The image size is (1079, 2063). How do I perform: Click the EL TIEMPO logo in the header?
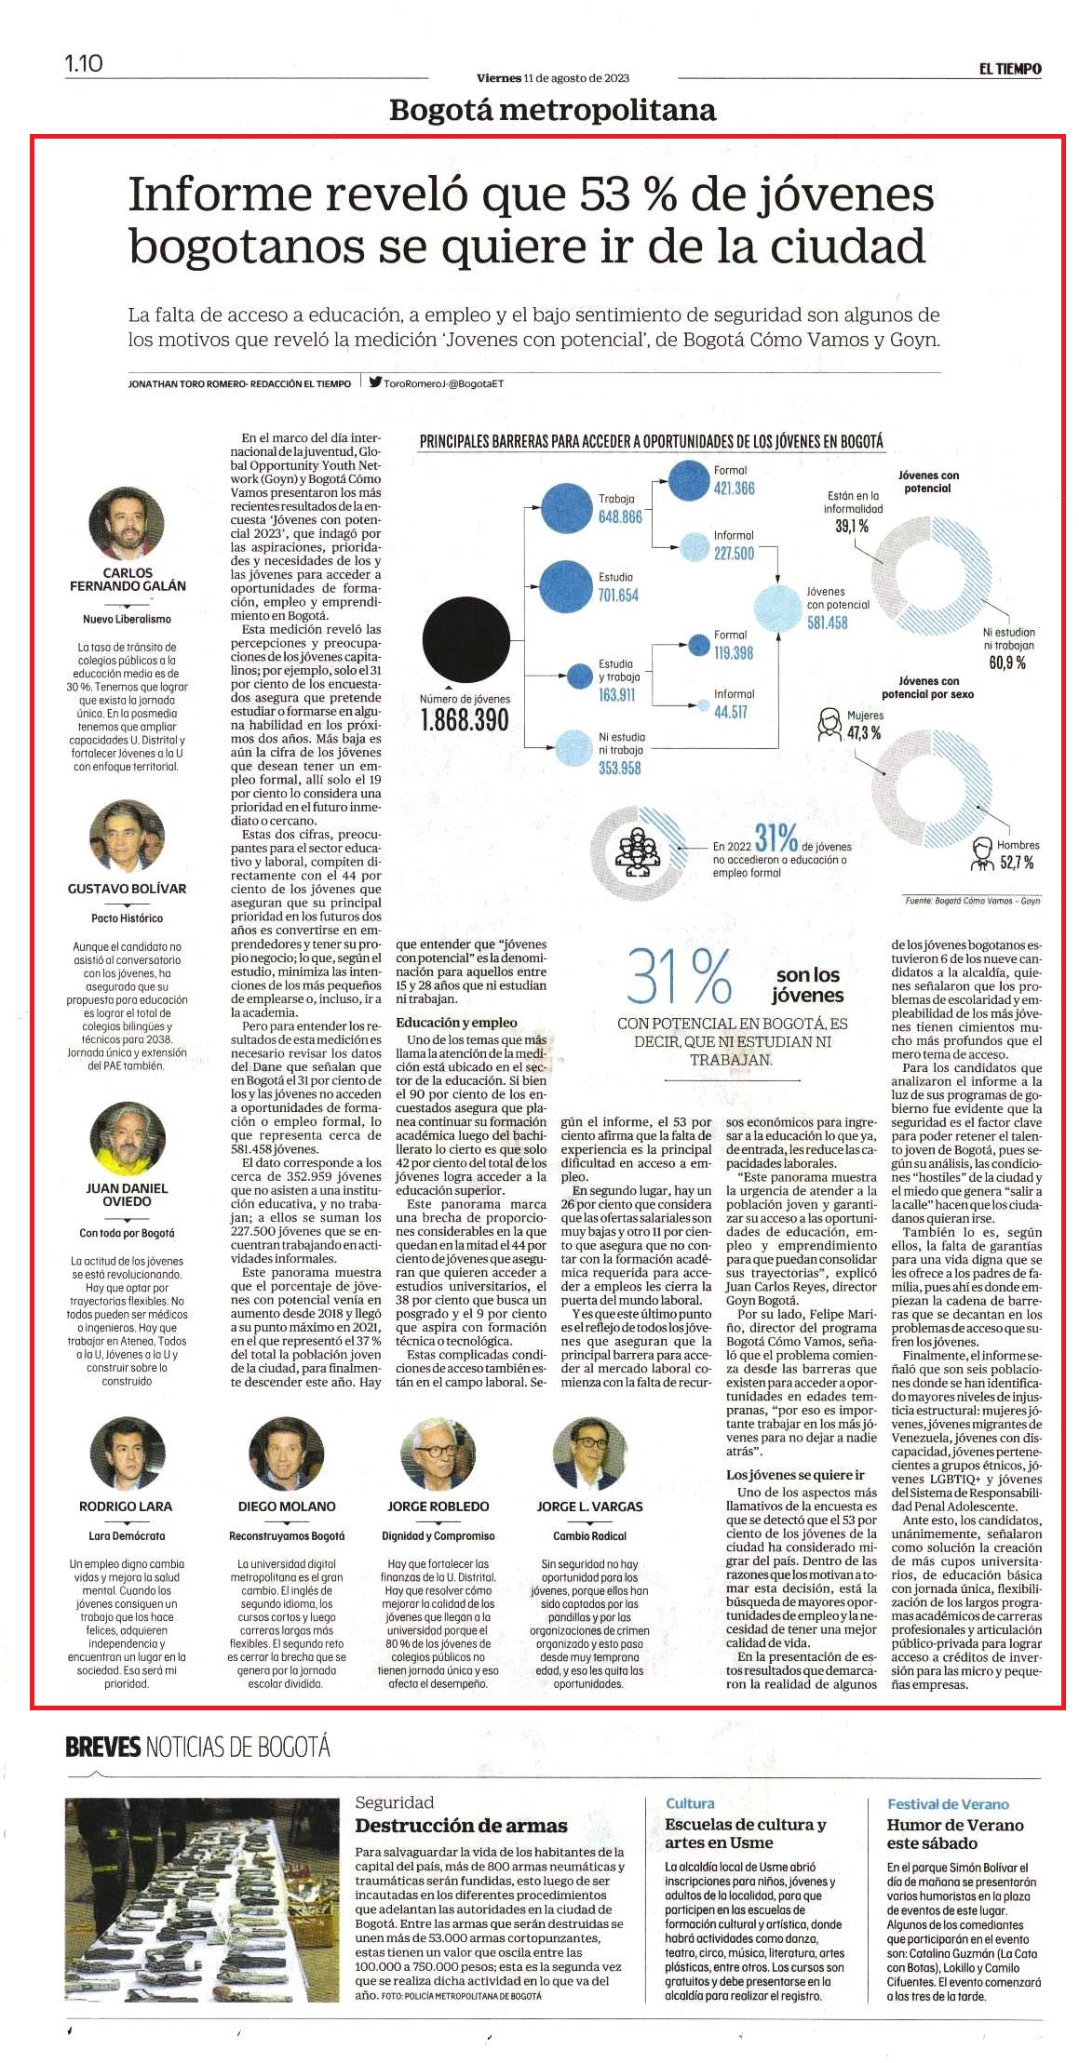tap(1009, 69)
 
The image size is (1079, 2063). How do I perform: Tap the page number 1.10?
tap(83, 63)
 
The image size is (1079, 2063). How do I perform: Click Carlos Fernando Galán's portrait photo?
tap(127, 523)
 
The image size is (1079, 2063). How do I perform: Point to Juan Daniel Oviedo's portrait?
tap(127, 1139)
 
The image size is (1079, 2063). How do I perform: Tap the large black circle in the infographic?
tap(465, 639)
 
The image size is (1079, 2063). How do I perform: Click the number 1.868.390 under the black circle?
tap(465, 720)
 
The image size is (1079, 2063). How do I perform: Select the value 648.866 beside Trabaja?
tap(620, 516)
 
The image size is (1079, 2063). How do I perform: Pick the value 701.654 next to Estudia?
tap(617, 596)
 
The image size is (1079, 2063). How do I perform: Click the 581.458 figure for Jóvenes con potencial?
tap(827, 623)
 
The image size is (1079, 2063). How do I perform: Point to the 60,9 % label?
tap(1007, 663)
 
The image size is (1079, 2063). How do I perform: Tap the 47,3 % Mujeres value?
tap(864, 733)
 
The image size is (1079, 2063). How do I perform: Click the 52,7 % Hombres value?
tap(1017, 863)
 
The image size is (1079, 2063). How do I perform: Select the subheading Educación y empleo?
tap(456, 1023)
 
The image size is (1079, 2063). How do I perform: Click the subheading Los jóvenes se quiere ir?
tap(795, 1475)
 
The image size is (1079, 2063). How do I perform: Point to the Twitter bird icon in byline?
tap(375, 382)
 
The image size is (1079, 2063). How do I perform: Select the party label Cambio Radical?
tap(589, 1536)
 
